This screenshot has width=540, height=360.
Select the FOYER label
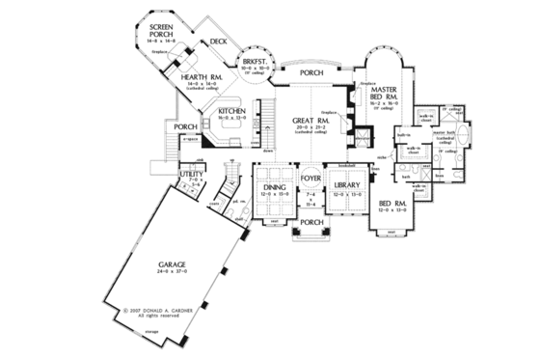pyautogui.click(x=310, y=179)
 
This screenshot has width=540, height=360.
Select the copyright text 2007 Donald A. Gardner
pyautogui.click(x=163, y=311)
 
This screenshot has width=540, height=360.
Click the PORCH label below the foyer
pyautogui.click(x=310, y=222)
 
